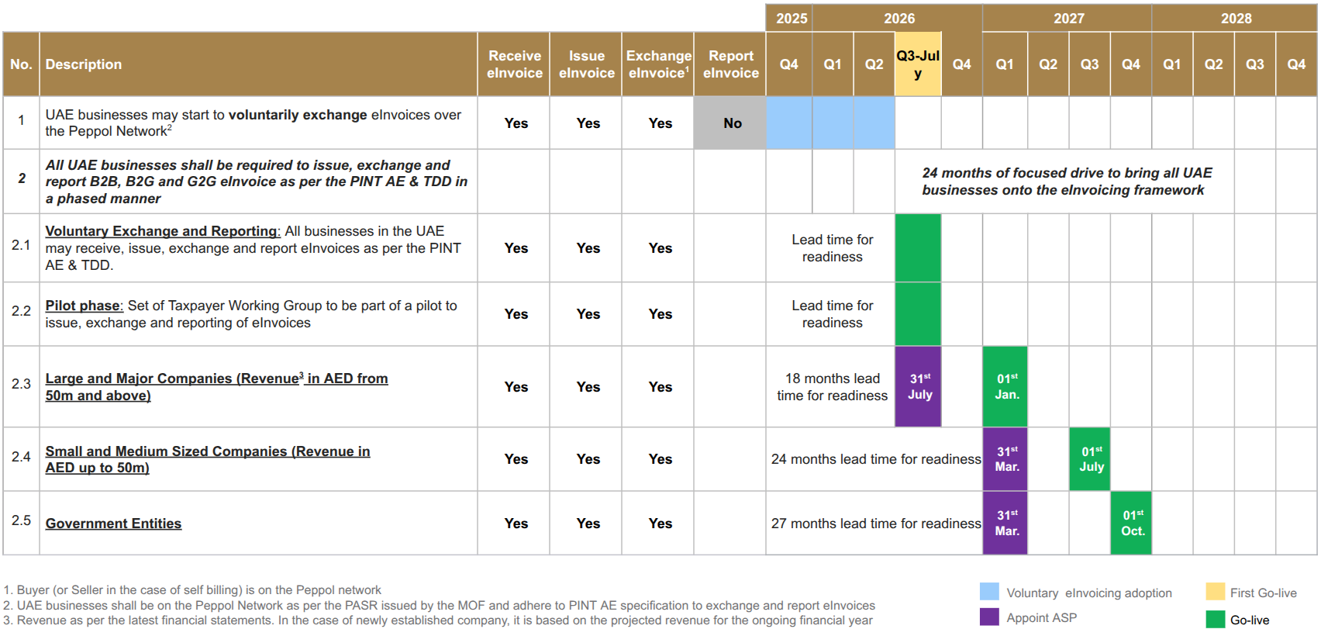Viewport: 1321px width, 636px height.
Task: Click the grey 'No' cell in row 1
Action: (x=732, y=123)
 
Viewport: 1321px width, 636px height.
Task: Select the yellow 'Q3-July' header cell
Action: (x=918, y=64)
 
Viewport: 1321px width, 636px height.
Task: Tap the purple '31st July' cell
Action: (x=919, y=386)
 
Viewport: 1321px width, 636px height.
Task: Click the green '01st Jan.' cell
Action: (x=1005, y=386)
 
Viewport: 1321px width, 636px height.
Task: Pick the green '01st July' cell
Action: (x=1090, y=459)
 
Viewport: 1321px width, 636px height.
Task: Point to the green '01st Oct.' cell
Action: (x=1131, y=524)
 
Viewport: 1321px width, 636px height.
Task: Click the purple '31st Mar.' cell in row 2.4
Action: (x=1005, y=459)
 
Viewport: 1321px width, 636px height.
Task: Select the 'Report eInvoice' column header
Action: (x=730, y=64)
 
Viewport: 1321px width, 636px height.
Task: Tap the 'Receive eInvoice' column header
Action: (x=514, y=64)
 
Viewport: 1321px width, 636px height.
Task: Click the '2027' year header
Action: (x=1067, y=18)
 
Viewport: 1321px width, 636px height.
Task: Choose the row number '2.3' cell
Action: (x=22, y=384)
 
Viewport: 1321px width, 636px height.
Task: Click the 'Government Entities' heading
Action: (x=113, y=524)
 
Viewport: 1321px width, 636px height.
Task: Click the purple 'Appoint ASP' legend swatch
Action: (x=989, y=617)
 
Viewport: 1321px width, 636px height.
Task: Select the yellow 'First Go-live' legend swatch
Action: (x=1215, y=593)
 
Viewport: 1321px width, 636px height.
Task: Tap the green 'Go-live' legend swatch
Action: (x=1215, y=620)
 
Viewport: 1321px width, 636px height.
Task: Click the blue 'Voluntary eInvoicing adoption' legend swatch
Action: (x=989, y=593)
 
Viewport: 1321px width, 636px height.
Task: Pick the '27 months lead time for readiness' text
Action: (x=876, y=524)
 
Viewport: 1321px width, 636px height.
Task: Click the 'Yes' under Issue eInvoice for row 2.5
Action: (x=588, y=524)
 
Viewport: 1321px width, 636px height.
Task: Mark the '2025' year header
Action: (x=791, y=18)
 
